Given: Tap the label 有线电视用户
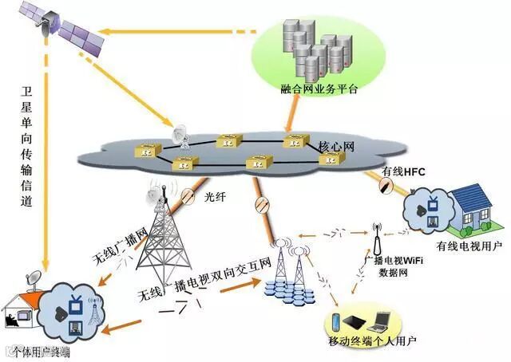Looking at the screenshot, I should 469,247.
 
